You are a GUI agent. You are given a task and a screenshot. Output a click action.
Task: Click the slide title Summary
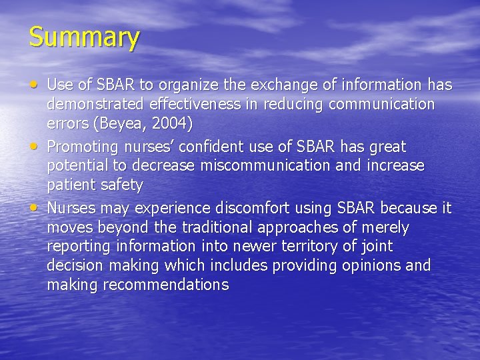(x=84, y=37)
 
